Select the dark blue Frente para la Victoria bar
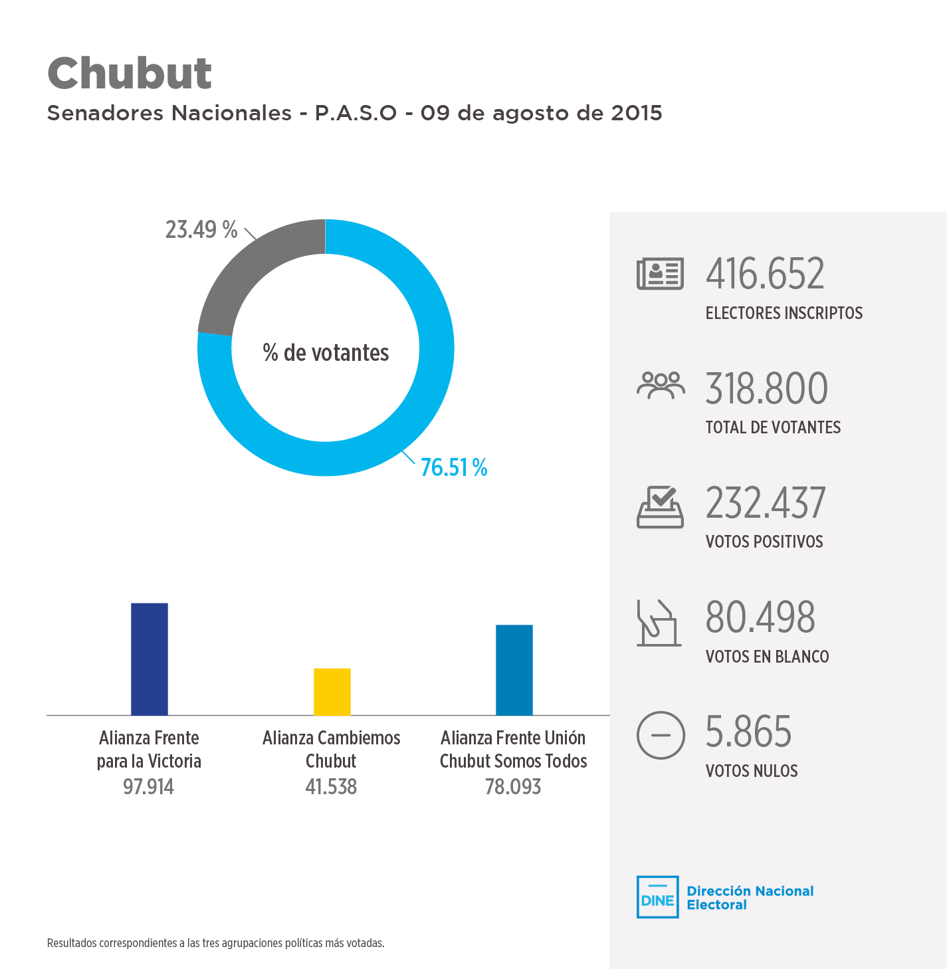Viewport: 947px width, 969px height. [150, 659]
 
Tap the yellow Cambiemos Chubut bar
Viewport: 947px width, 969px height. [332, 692]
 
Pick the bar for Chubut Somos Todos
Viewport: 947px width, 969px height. [514, 670]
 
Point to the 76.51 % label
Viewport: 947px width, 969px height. [454, 468]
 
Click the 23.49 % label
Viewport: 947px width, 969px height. [201, 230]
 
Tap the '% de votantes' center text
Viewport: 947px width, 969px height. [326, 353]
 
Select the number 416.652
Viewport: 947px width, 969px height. [765, 274]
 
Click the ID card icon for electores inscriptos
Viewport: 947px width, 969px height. [660, 274]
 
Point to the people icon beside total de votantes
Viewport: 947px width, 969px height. [660, 385]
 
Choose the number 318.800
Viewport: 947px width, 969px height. [766, 389]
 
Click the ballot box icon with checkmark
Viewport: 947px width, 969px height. [660, 507]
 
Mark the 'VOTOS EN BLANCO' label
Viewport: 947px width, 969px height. [767, 657]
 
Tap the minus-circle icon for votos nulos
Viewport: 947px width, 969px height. [660, 735]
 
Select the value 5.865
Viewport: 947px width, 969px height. [748, 732]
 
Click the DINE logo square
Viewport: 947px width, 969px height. [657, 897]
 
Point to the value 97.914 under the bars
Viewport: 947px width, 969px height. [148, 787]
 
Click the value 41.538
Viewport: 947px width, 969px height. [331, 787]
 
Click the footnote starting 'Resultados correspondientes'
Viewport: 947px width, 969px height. [215, 943]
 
